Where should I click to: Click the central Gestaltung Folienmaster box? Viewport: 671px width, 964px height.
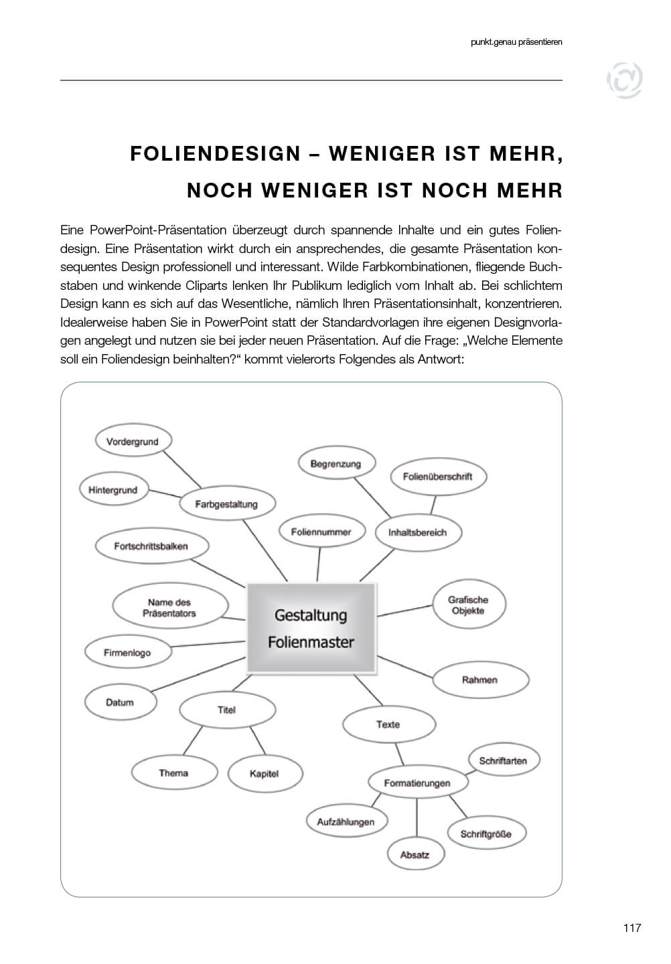pos(311,628)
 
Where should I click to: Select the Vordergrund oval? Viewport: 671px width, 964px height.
pos(133,441)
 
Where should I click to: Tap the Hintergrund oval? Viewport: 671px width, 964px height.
pos(113,490)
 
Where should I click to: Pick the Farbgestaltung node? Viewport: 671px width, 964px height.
pos(226,504)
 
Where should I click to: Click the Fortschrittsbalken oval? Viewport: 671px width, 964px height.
pos(151,546)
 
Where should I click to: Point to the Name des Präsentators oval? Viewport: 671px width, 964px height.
pos(169,607)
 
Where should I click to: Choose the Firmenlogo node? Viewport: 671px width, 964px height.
pos(127,653)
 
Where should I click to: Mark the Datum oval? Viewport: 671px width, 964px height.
pos(120,702)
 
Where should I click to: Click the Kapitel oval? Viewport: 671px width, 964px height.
pos(264,773)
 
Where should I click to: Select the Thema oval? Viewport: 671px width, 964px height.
pos(173,773)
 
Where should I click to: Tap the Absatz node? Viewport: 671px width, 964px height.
pos(415,855)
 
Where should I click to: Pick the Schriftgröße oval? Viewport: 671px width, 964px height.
pos(486,834)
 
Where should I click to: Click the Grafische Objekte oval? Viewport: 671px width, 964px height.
pos(468,605)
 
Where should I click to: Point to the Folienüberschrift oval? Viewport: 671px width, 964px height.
pos(438,477)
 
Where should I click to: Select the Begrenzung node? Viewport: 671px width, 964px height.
pos(335,464)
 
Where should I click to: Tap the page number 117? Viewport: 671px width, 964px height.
pos(631,928)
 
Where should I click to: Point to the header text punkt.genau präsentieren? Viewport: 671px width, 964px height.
pos(516,42)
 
